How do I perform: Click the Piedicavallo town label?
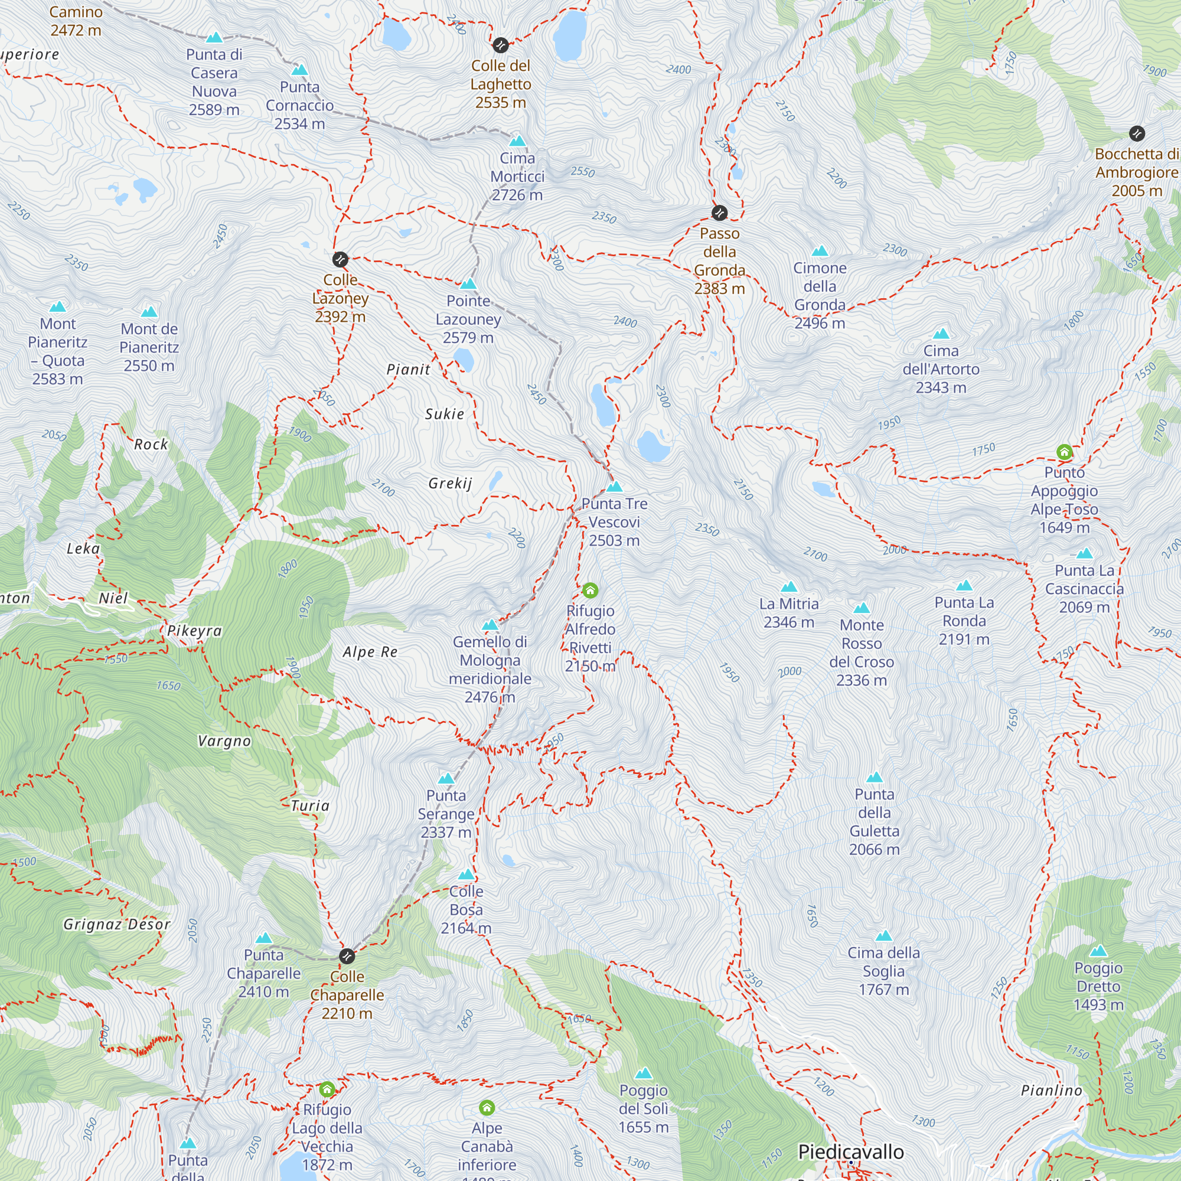851,1151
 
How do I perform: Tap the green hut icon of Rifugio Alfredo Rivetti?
590,590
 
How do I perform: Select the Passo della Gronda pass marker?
719,213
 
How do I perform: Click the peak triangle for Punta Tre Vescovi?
614,487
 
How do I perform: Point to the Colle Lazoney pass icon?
340,259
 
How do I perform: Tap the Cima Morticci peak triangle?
517,141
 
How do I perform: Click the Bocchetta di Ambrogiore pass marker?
1136,133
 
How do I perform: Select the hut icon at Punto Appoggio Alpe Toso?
1064,452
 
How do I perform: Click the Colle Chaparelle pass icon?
347,956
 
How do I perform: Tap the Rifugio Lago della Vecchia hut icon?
327,1089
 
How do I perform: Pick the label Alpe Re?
370,653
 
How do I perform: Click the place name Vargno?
224,742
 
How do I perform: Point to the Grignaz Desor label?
117,924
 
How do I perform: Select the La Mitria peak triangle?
788,588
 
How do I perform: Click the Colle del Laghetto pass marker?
500,45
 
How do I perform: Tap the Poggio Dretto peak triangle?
1098,951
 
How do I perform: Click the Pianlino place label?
1052,1091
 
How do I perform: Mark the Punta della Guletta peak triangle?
874,778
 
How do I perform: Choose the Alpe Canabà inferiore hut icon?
487,1108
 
